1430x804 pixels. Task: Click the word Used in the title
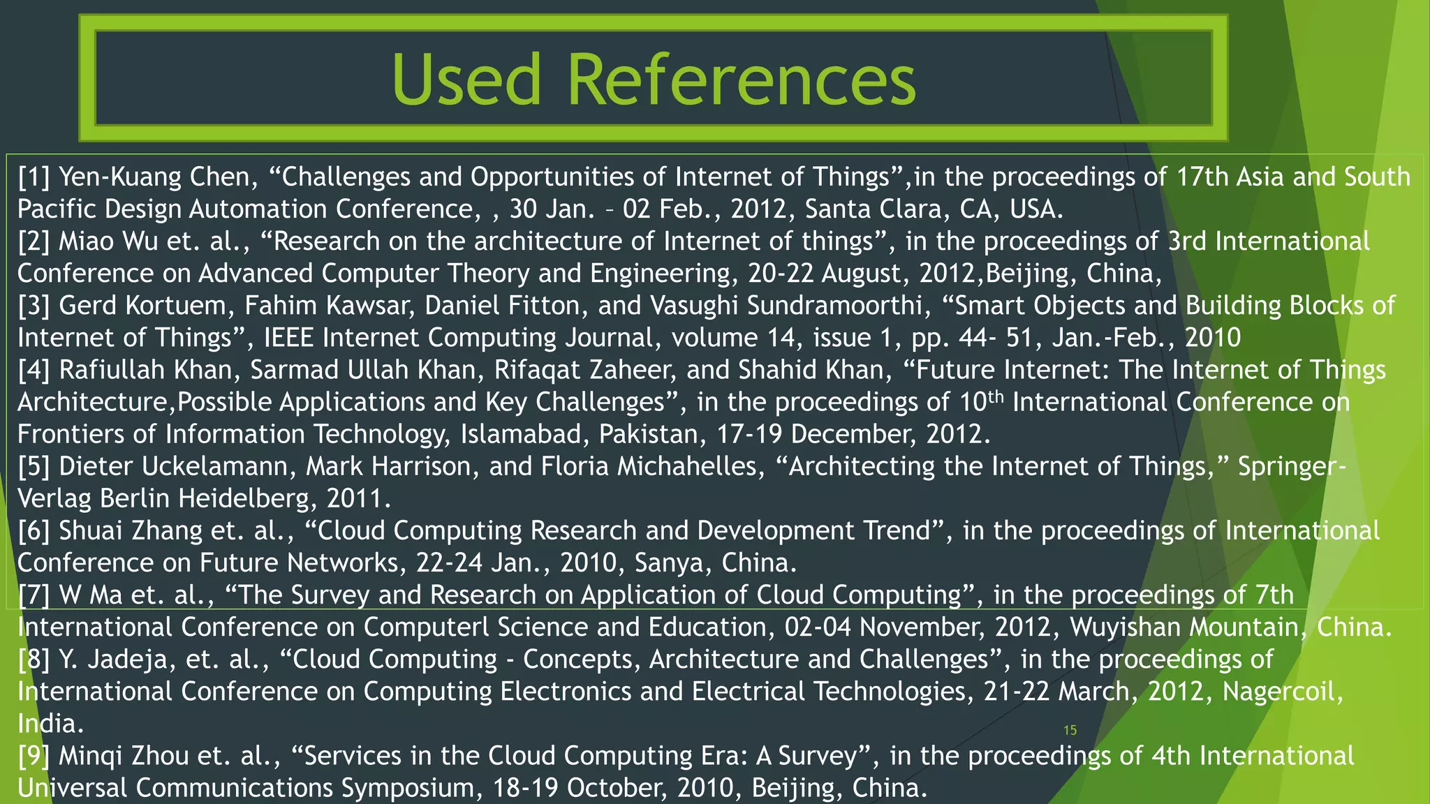click(466, 80)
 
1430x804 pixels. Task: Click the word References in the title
click(742, 80)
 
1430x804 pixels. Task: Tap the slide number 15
click(1070, 730)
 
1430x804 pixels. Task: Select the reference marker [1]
click(34, 177)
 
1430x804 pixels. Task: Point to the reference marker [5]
click(34, 466)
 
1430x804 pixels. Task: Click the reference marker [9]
click(34, 756)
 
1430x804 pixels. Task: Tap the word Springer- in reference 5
click(1292, 466)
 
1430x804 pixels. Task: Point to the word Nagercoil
click(1283, 691)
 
